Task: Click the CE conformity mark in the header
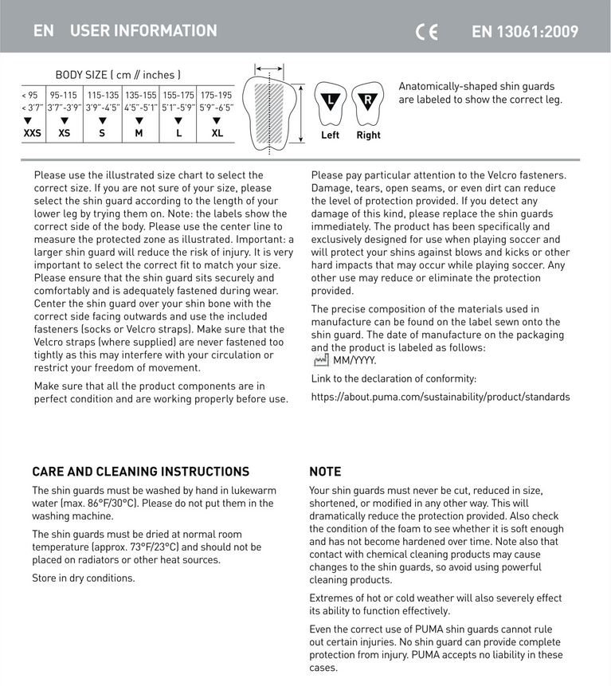427,32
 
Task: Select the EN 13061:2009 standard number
525,32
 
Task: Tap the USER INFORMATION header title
143,31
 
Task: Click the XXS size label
32,133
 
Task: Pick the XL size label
217,133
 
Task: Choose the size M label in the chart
139,133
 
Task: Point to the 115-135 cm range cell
103,95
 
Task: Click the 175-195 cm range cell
216,95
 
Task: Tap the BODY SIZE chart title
118,75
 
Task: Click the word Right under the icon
368,135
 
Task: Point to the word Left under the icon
330,135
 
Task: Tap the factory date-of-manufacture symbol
321,360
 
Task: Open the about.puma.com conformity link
440,397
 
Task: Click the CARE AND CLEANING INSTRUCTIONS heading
141,472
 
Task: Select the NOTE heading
325,472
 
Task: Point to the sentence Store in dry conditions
84,578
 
